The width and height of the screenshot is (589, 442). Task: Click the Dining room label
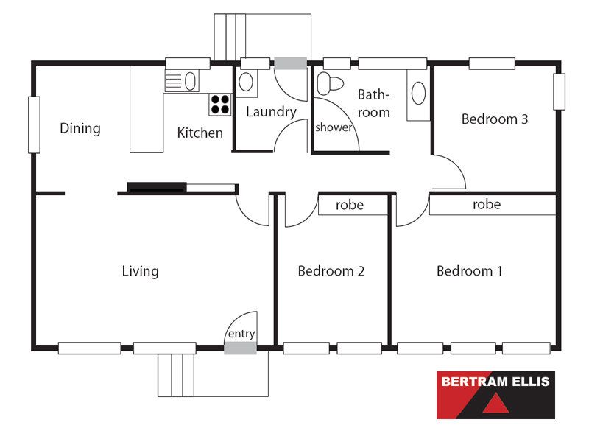point(80,128)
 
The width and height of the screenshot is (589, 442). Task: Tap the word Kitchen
point(200,133)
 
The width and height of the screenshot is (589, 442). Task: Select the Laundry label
point(271,112)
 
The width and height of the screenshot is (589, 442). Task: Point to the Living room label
point(140,271)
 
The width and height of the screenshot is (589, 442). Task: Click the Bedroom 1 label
point(469,271)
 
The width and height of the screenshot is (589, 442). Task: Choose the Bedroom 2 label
point(331,271)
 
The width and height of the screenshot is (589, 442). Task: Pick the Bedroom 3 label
point(495,119)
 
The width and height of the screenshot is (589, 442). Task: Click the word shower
point(334,127)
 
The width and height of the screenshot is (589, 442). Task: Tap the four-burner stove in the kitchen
point(220,105)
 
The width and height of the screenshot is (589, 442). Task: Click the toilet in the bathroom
point(330,83)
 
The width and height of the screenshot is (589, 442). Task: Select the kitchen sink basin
point(190,81)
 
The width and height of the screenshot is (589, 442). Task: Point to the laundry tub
point(246,82)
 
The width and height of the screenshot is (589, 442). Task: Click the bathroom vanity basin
point(418,93)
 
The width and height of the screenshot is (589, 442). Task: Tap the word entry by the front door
point(241,334)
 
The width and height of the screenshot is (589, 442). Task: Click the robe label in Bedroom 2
point(349,206)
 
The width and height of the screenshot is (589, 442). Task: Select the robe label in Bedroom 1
point(487,205)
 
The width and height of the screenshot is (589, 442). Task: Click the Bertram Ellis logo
point(495,395)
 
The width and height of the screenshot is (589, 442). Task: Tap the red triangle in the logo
point(495,404)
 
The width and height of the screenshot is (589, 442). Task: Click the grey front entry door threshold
point(241,348)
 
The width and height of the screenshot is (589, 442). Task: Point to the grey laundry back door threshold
point(290,63)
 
